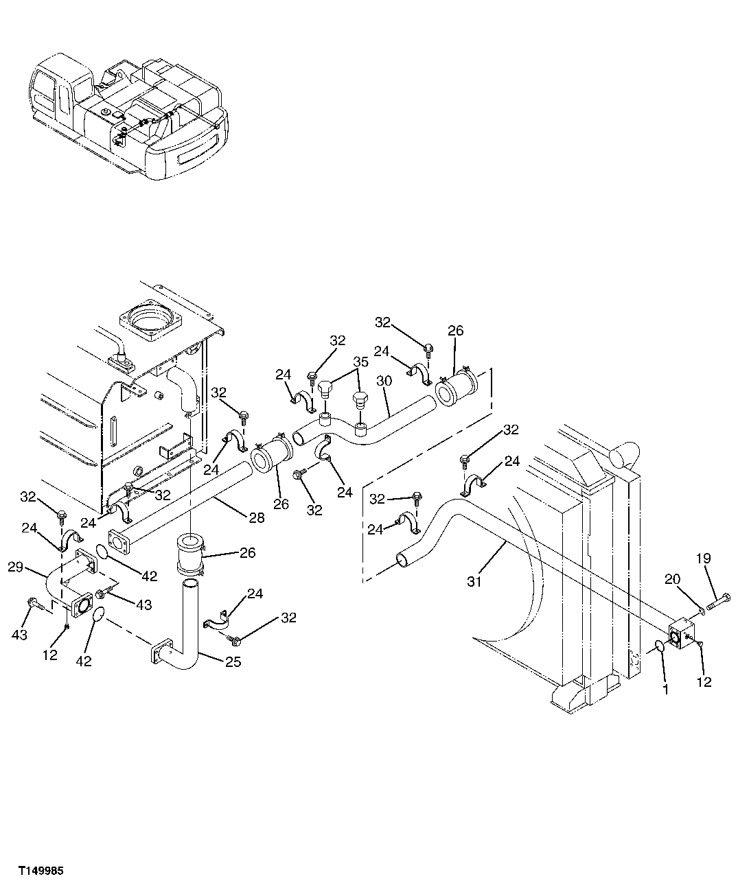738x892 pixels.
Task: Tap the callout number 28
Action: pos(256,518)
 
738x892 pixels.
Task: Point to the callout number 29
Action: pos(16,567)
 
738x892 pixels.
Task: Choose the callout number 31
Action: pos(474,581)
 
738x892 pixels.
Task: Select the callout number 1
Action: pos(665,689)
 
